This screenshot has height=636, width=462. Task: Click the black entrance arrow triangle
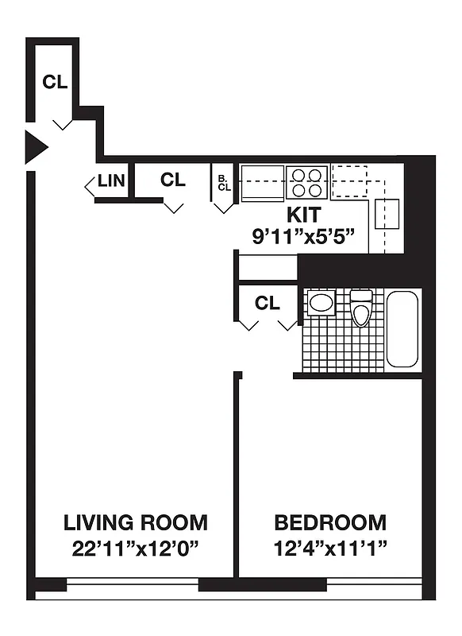[x=35, y=147]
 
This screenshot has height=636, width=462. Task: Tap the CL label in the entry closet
[x=55, y=82]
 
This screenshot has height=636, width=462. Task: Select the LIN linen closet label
[x=111, y=181]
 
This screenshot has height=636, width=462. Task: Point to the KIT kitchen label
[x=303, y=215]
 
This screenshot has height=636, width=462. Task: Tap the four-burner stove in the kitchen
[x=307, y=182]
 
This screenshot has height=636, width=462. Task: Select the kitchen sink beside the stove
[x=263, y=182]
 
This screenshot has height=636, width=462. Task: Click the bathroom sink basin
[x=321, y=302]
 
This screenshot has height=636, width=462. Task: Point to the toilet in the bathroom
[x=361, y=308]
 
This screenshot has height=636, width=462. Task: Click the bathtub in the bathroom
[x=402, y=328]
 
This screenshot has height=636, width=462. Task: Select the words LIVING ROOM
[x=136, y=523]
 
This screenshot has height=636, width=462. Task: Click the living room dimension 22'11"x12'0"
[x=136, y=549]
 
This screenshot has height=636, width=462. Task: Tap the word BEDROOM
[x=330, y=523]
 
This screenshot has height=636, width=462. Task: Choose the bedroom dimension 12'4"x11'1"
[x=330, y=549]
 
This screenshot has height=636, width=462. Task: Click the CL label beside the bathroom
[x=268, y=303]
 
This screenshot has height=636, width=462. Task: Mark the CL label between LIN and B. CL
[x=172, y=180]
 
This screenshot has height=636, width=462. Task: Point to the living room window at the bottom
[x=132, y=586]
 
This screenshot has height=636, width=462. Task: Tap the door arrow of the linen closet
[x=89, y=187]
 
